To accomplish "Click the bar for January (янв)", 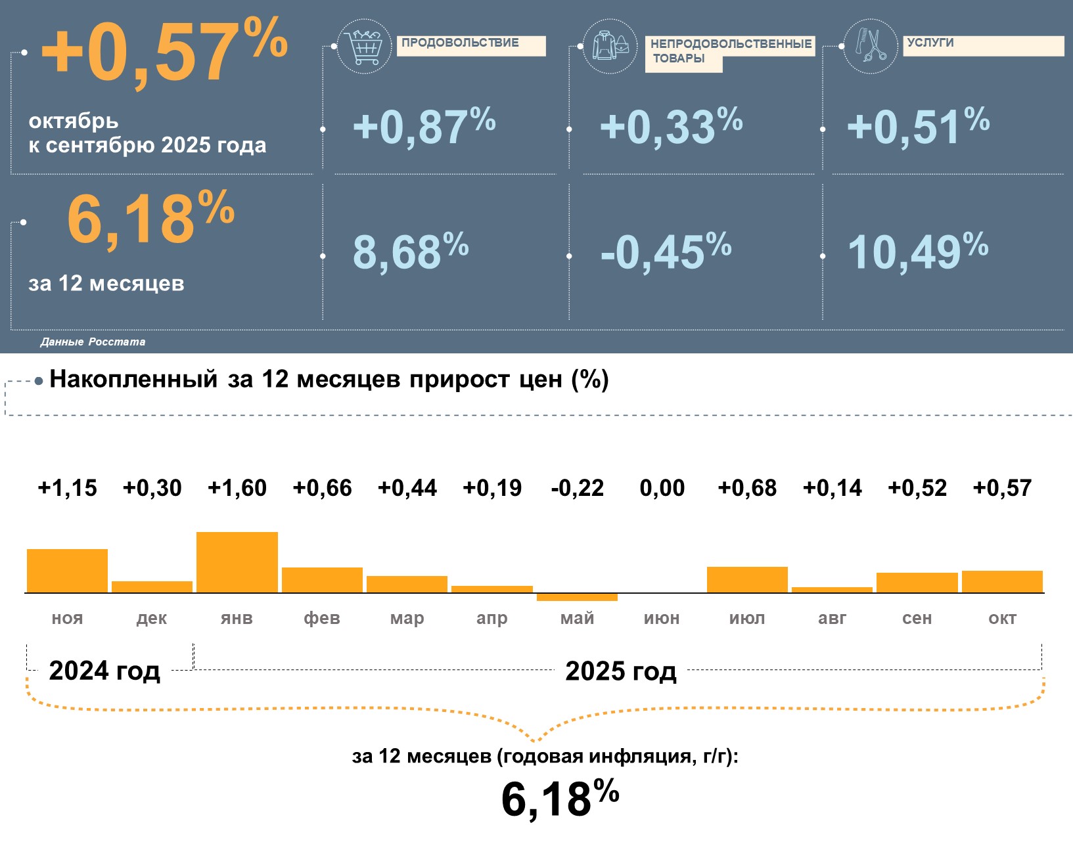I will click(x=237, y=562).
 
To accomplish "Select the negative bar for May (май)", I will click(x=577, y=597).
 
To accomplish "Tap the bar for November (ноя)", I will click(x=67, y=571).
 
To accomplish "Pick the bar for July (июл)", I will click(x=747, y=579).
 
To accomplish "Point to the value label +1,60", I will click(x=237, y=488).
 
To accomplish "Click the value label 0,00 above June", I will click(x=662, y=488).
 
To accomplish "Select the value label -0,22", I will click(x=577, y=488).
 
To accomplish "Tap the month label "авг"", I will click(x=832, y=618).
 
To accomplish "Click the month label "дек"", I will click(x=152, y=618).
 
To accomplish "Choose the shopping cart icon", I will click(x=364, y=47).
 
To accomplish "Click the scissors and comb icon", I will click(x=870, y=45).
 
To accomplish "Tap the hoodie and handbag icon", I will click(x=610, y=46).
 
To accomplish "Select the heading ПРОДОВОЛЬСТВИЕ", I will click(x=460, y=43).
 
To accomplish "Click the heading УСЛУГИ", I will click(x=930, y=43).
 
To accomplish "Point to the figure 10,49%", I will click(x=917, y=251).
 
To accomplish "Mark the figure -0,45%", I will click(x=665, y=251).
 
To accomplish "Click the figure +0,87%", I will click(x=424, y=125).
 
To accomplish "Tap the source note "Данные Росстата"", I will click(x=93, y=342).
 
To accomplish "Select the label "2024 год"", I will click(x=104, y=671).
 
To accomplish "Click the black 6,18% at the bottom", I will click(x=560, y=798).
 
